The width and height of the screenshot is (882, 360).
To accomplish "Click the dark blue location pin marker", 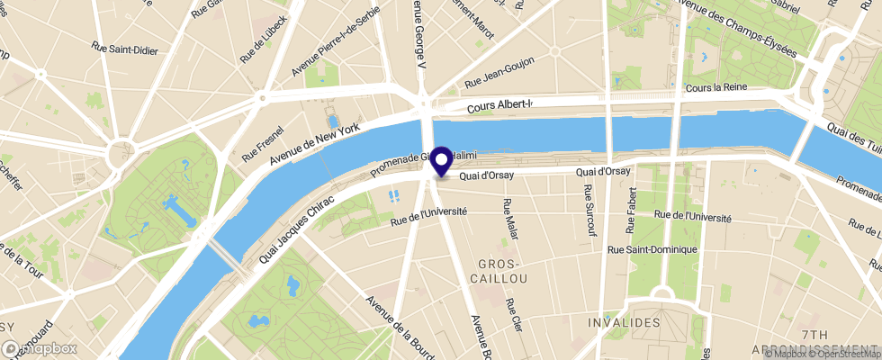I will click(442, 162).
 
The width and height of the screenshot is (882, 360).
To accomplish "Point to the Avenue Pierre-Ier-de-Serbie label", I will click(336, 41).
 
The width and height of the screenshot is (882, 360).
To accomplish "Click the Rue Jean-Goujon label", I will click(499, 73).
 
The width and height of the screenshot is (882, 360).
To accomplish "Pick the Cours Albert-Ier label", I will click(500, 106).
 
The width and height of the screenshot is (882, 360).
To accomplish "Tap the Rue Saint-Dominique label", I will click(653, 249).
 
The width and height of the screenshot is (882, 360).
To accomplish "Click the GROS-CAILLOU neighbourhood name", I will click(502, 272).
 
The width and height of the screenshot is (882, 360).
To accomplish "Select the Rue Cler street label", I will click(514, 316).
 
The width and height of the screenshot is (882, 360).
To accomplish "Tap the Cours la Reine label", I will click(716, 88).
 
